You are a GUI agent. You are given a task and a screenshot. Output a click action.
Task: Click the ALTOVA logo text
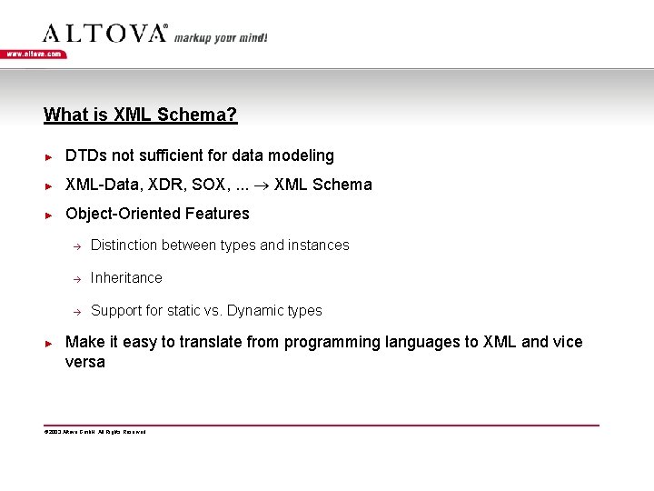104,34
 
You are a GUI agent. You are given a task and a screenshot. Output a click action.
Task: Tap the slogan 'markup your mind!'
221,37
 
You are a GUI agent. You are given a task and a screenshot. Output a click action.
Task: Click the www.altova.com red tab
34,54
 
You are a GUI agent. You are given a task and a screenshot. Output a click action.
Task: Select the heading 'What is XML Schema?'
141,115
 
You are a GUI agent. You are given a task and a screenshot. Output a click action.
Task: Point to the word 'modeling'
303,156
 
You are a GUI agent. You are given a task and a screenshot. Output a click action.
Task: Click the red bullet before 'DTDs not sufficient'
50,156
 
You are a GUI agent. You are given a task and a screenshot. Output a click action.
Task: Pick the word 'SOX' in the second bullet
209,185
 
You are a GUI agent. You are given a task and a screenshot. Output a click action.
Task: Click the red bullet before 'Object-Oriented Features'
50,215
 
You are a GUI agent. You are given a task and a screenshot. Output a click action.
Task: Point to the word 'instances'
319,245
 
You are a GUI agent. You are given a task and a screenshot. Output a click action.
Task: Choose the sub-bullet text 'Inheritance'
126,277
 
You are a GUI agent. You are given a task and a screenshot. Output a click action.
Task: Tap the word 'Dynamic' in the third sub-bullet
254,311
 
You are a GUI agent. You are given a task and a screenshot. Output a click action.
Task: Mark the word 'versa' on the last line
85,362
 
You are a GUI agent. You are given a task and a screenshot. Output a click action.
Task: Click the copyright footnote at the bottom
94,432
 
